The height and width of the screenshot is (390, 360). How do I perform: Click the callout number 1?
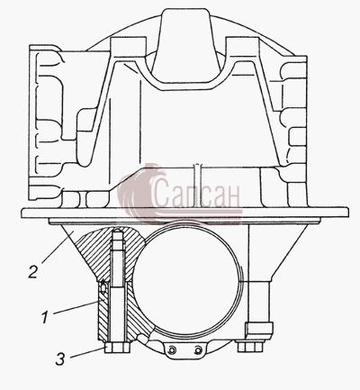pos(45,318)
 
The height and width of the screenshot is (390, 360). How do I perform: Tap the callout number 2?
pos(33,272)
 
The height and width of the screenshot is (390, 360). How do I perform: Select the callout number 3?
pos(60,359)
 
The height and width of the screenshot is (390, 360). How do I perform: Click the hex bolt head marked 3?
pos(117,348)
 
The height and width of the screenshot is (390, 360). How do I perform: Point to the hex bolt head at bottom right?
pos(249,346)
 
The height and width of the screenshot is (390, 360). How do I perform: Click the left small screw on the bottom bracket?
pos(172,350)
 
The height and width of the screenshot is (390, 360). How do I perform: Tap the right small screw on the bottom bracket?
pos(197,350)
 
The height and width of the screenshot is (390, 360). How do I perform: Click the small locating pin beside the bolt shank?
pos(103,286)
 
